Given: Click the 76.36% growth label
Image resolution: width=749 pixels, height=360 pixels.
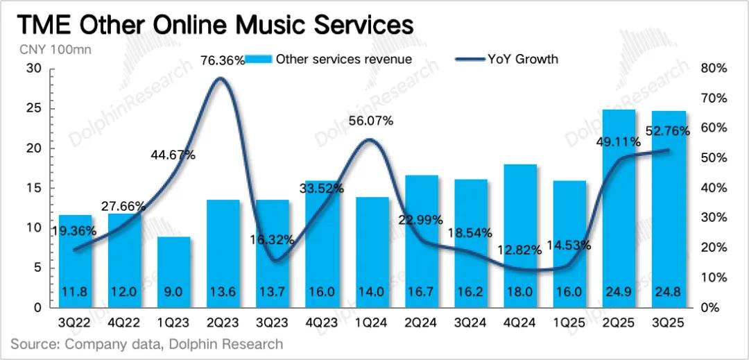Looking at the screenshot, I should tap(223, 60).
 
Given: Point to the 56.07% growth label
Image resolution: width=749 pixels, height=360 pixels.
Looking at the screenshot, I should tap(370, 121).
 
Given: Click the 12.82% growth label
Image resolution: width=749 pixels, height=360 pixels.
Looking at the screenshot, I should tap(519, 250).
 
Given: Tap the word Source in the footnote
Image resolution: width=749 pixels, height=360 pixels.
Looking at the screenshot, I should tap(34, 344).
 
